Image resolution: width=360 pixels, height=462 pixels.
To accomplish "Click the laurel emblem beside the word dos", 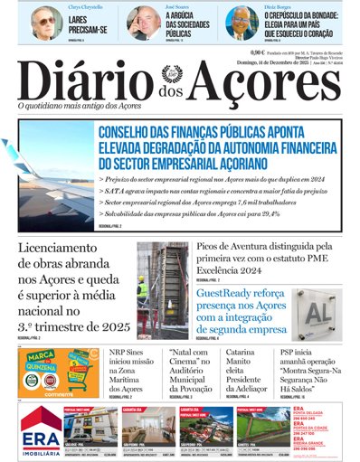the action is coord(172,73).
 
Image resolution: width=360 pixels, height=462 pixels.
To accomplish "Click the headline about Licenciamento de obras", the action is coord(73,288).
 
